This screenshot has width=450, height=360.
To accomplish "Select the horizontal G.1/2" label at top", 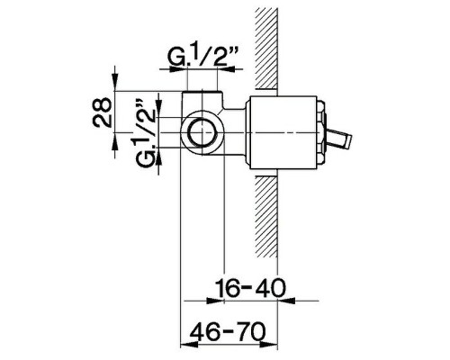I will point(202,59).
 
